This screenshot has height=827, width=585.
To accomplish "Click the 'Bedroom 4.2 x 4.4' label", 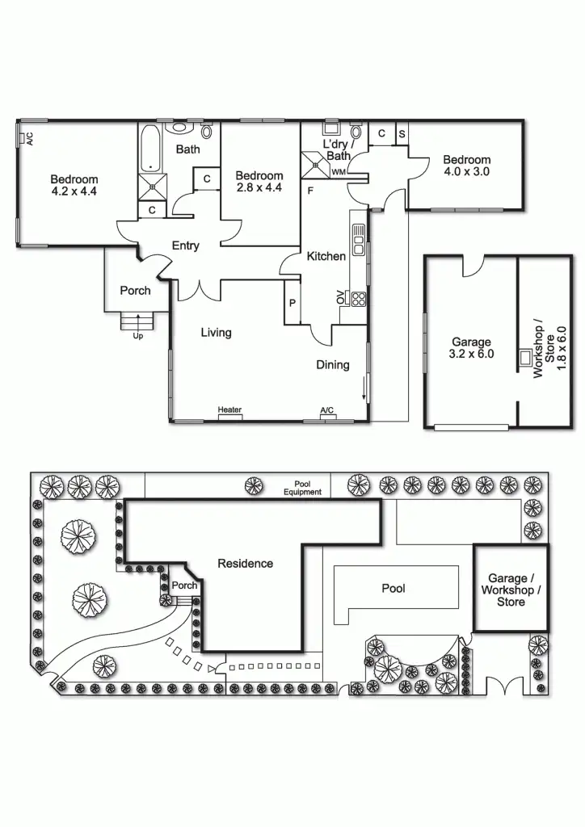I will click(74, 186).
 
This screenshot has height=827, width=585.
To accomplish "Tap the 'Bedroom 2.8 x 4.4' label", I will click(259, 182).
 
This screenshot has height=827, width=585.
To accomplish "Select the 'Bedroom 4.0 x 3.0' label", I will click(466, 166).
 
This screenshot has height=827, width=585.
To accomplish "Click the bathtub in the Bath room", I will click(151, 150).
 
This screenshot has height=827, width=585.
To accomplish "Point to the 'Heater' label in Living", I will click(229, 410).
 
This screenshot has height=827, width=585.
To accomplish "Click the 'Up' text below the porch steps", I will click(137, 336).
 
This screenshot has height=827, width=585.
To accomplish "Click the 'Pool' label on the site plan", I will click(394, 589).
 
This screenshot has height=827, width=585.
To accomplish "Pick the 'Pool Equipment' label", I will click(302, 488).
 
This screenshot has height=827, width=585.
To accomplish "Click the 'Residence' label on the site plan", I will click(246, 563).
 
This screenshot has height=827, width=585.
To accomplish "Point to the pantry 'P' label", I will click(292, 304).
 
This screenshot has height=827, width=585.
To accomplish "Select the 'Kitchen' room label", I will click(326, 256).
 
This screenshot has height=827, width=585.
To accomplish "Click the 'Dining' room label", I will click(332, 364).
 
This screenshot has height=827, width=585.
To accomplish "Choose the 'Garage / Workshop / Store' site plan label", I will click(511, 590).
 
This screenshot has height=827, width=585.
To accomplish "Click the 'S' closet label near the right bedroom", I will click(401, 133).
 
